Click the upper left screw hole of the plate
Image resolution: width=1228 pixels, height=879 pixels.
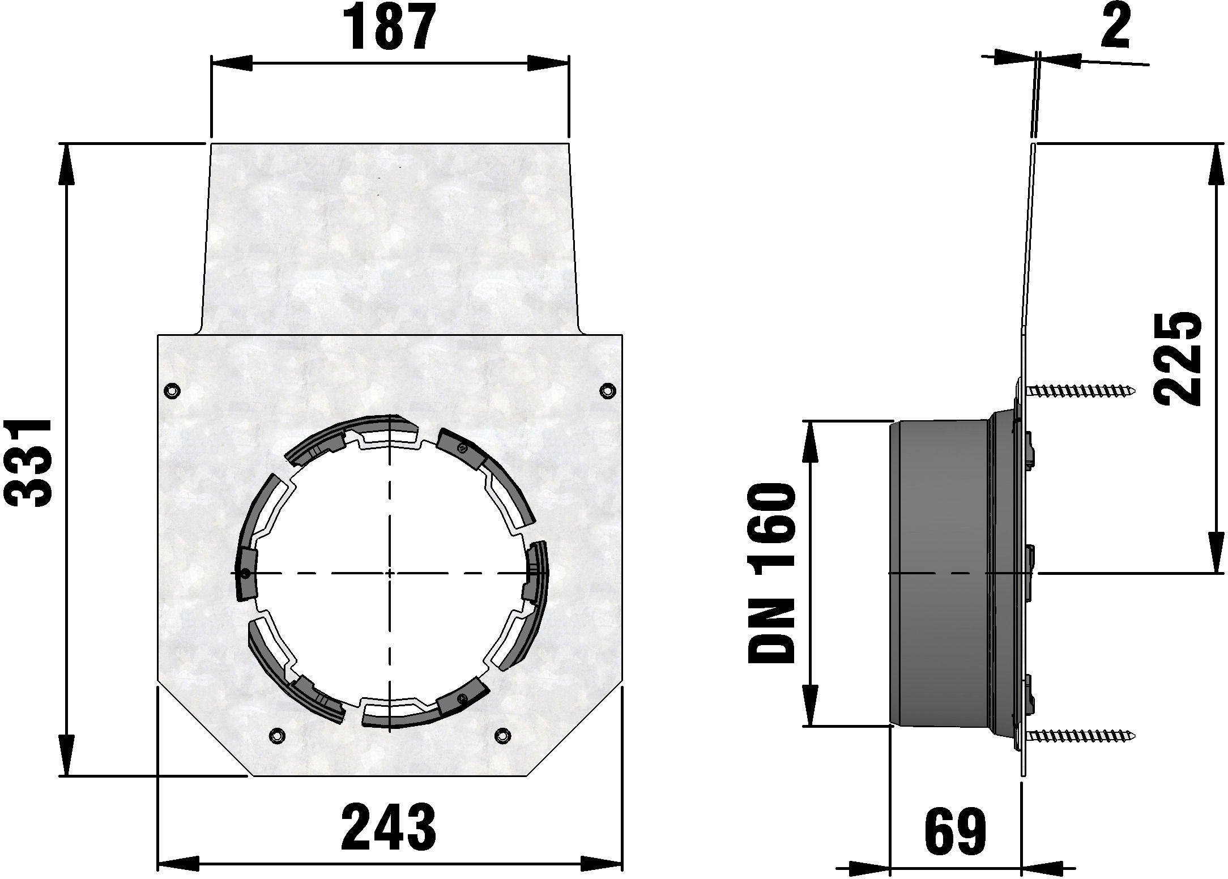coord(171,390)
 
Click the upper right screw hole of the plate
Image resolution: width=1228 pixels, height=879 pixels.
coord(608,390)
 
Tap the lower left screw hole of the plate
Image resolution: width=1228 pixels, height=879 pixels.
coord(277,735)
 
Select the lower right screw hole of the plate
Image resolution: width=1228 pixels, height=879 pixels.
coord(501,735)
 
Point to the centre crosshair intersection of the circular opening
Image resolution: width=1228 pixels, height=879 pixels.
coord(390,573)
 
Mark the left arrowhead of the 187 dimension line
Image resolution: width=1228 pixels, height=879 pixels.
coord(231,63)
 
